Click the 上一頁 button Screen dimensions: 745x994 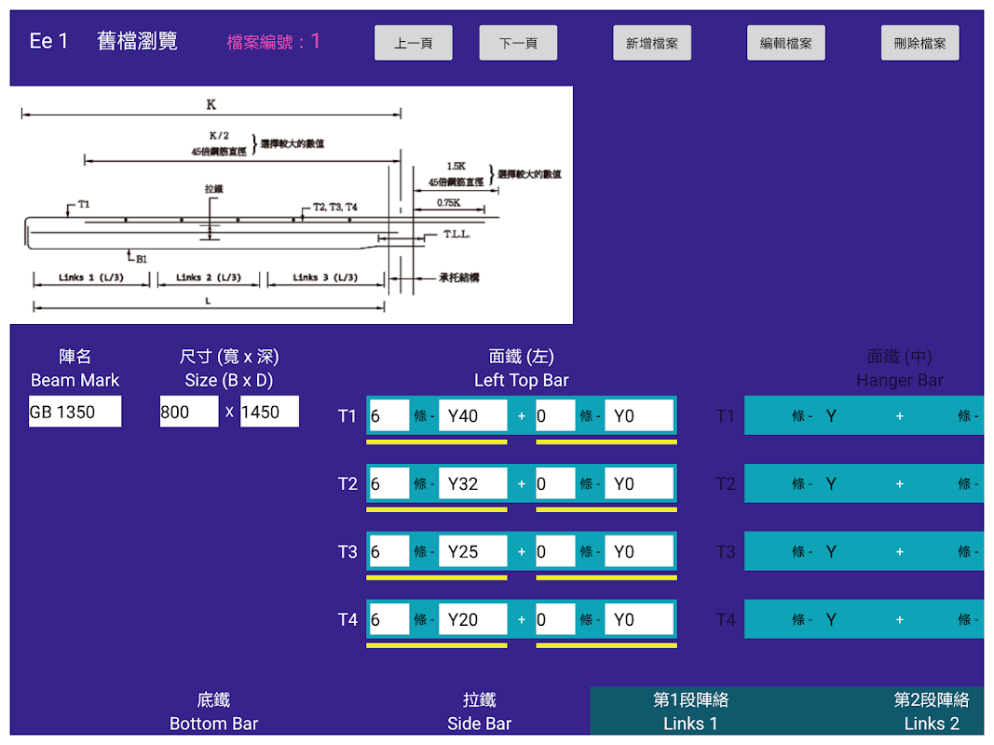413,43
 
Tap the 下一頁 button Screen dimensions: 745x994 518,43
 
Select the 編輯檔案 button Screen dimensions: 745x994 785,43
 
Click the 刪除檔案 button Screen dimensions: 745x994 919,43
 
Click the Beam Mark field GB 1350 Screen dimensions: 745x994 75,412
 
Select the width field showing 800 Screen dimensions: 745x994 188,412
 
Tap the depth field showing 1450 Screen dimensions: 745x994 269,412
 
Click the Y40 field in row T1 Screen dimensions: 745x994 472,415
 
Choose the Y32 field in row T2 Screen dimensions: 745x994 472,483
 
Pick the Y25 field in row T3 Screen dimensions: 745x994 472,551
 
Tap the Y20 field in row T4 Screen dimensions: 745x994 472,619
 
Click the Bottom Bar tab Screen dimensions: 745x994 213,711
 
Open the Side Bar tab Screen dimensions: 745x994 479,711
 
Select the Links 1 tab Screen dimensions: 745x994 690,711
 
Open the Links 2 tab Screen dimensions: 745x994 931,711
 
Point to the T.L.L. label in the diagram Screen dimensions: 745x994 456,235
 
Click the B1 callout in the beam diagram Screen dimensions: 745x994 141,259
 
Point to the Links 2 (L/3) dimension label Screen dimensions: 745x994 208,278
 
